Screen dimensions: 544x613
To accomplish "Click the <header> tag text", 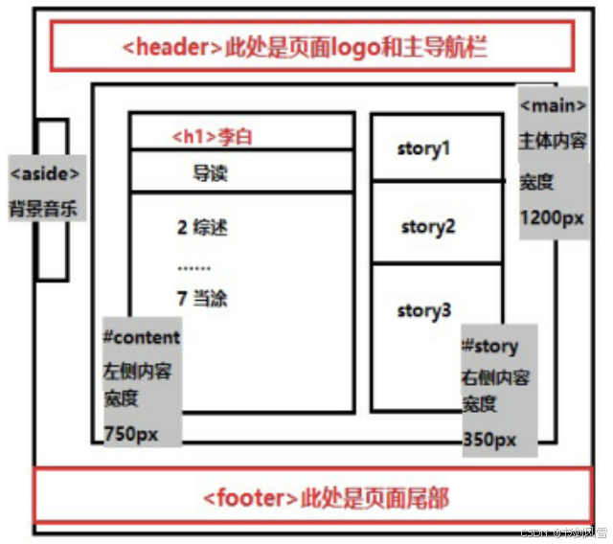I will click(172, 47).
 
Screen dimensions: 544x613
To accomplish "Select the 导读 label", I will click(211, 173).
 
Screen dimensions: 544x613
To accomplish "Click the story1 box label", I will click(423, 148).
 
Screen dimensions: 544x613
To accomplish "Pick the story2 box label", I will click(428, 227).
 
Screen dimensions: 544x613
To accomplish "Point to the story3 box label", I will click(424, 310).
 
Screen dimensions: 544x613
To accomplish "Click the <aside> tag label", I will click(44, 173).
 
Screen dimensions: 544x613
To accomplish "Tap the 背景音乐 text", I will click(44, 207).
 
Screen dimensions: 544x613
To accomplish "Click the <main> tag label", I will click(551, 103).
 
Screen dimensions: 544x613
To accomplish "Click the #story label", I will click(489, 347).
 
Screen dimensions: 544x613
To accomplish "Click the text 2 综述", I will click(202, 228).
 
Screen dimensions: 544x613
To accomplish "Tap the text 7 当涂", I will click(202, 299).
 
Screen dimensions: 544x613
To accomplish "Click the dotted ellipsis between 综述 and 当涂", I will click(193, 267).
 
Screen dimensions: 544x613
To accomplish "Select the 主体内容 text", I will click(552, 142).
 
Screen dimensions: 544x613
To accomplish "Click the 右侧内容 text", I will click(495, 377).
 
